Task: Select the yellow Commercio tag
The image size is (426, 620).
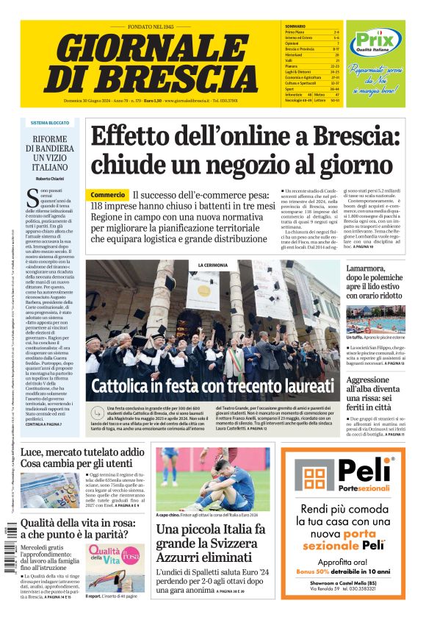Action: coord(108,195)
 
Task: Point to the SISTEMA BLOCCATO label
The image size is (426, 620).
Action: coord(50,123)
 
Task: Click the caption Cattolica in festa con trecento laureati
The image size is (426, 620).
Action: coord(212,386)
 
